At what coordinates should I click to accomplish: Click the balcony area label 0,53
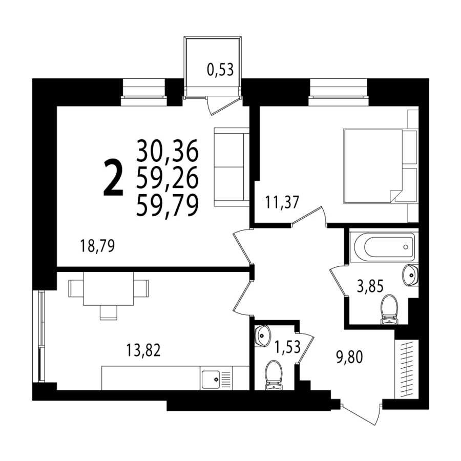click(220, 70)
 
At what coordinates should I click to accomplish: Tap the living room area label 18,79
click(97, 246)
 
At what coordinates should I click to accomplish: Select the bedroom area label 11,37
click(282, 202)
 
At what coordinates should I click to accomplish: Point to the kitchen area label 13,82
click(143, 350)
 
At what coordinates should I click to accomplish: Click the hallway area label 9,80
click(349, 357)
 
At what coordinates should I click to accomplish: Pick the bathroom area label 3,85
click(370, 286)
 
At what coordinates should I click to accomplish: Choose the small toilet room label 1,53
click(287, 347)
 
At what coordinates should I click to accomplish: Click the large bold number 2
click(113, 177)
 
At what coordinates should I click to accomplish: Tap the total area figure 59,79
click(167, 206)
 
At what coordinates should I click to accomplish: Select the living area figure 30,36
click(167, 151)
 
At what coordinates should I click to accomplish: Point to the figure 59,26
click(167, 178)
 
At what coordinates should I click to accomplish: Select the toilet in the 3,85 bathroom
click(389, 309)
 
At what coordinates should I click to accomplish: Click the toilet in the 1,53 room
click(274, 375)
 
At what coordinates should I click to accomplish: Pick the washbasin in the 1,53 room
click(263, 336)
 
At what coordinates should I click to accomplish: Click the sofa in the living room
click(232, 166)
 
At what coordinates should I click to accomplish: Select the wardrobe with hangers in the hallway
click(406, 369)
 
